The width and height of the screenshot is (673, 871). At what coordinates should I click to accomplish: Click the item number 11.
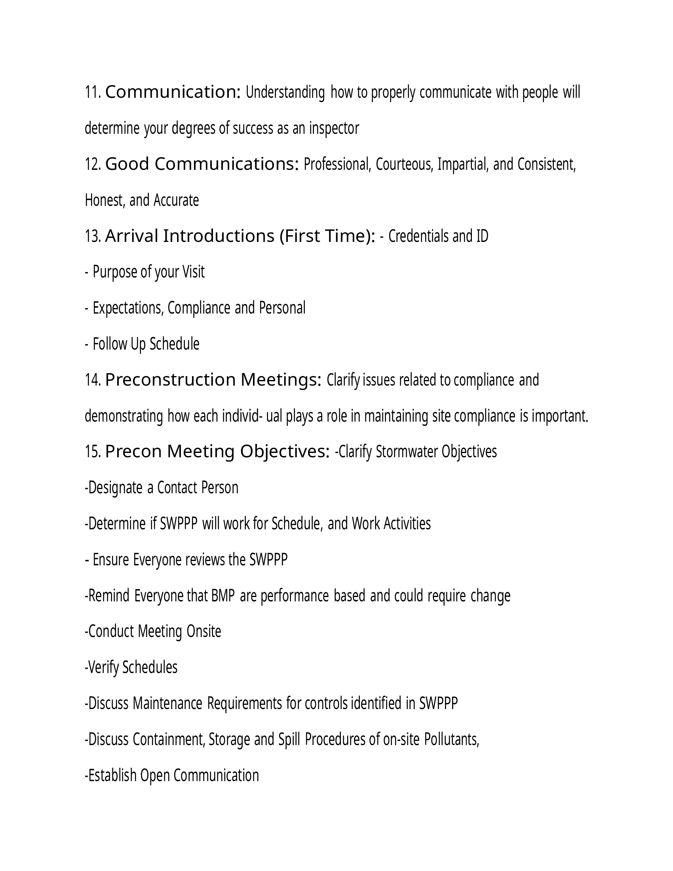click(93, 93)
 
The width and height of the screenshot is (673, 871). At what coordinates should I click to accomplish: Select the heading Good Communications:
click(202, 164)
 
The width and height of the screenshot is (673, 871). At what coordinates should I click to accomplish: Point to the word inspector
click(334, 128)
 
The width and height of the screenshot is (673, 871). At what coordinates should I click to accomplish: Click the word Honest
click(105, 200)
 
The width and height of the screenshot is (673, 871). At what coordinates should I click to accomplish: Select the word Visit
click(193, 272)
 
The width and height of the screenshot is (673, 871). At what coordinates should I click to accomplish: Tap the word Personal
click(282, 308)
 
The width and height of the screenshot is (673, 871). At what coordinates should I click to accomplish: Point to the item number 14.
click(93, 380)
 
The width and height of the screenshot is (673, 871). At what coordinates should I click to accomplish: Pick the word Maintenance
click(167, 704)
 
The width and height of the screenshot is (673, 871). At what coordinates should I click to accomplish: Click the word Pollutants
click(451, 740)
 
